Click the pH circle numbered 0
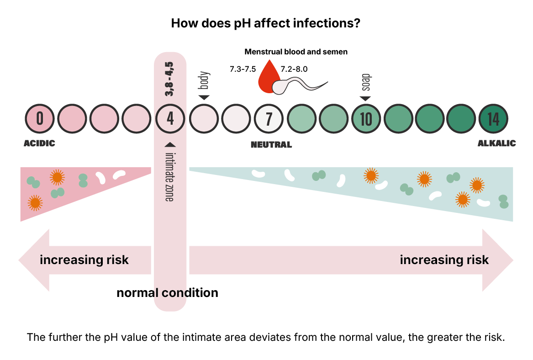click(40, 119)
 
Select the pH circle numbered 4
click(170, 119)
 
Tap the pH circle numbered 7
click(269, 119)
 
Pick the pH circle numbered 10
click(366, 119)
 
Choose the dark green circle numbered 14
click(493, 119)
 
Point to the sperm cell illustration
click(297, 85)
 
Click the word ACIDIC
click(39, 143)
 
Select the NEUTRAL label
click(271, 145)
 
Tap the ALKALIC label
click(497, 143)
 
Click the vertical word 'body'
click(204, 81)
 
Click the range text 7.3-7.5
click(242, 69)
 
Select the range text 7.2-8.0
click(295, 69)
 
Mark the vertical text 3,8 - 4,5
click(170, 79)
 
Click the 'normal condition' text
click(167, 293)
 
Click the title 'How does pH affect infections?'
click(266, 23)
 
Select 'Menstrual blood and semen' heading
click(296, 52)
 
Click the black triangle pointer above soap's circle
click(365, 99)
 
